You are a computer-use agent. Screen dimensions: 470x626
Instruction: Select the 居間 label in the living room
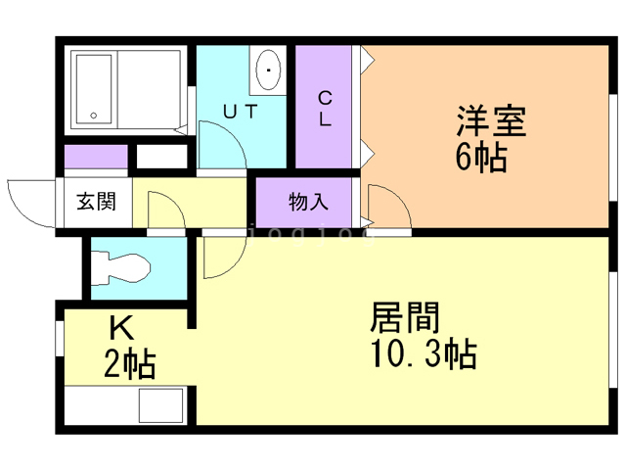pyautogui.click(x=405, y=318)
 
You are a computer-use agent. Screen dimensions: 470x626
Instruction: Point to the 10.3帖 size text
pyautogui.click(x=423, y=352)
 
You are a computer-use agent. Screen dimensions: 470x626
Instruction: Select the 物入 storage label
pyautogui.click(x=307, y=203)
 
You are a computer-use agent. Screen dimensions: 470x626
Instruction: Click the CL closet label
pyautogui.click(x=326, y=109)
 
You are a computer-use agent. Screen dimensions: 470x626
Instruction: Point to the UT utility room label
pyautogui.click(x=241, y=112)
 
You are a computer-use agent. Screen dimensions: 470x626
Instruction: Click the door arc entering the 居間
pyautogui.click(x=217, y=258)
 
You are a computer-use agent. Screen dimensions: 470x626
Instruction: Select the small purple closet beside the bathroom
pyautogui.click(x=96, y=157)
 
